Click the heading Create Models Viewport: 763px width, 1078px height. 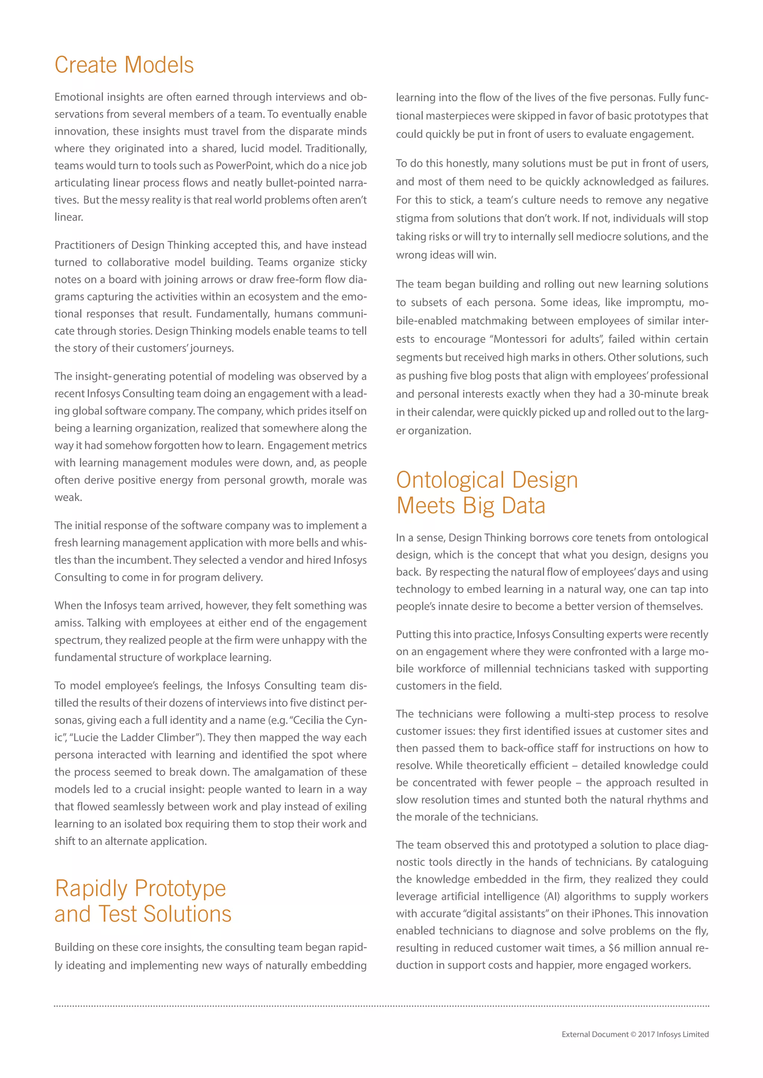tap(124, 65)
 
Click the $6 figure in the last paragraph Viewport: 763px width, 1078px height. tap(614, 948)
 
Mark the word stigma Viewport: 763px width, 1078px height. tap(412, 219)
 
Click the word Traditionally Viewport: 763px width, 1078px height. tap(336, 149)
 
